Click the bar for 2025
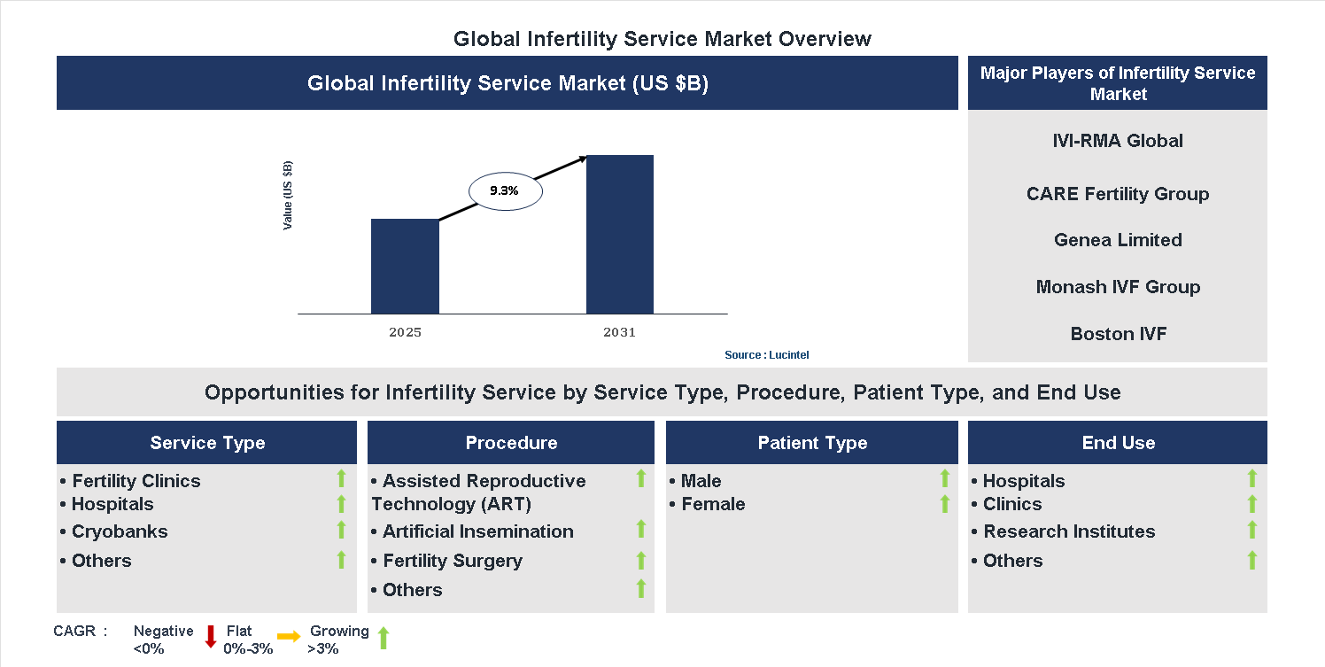pyautogui.click(x=405, y=266)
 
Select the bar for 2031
pyautogui.click(x=619, y=234)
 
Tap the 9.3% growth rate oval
pyautogui.click(x=504, y=190)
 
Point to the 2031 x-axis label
pyautogui.click(x=619, y=333)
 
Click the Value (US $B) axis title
pyautogui.click(x=288, y=196)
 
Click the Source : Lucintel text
pyautogui.click(x=766, y=355)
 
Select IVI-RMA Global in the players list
pyautogui.click(x=1117, y=141)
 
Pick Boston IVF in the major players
pyautogui.click(x=1118, y=334)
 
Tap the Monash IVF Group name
pyautogui.click(x=1118, y=287)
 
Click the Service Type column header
pyautogui.click(x=207, y=443)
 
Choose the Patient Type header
pyautogui.click(x=812, y=443)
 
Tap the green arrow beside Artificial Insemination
pyautogui.click(x=641, y=530)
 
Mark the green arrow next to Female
pyautogui.click(x=944, y=504)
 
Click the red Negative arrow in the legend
pyautogui.click(x=211, y=637)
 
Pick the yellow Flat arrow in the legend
pyautogui.click(x=289, y=636)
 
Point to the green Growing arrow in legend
pyautogui.click(x=384, y=638)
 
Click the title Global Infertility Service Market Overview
pyautogui.click(x=662, y=39)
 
